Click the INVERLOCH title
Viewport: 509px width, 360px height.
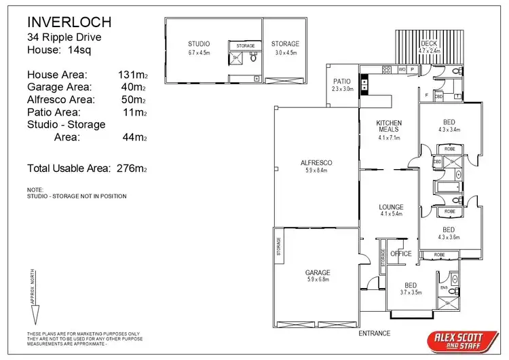(x=69, y=23)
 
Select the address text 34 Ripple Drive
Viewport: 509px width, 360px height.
(x=62, y=38)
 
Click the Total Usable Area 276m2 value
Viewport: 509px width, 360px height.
(x=132, y=168)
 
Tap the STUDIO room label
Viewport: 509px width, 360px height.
(x=199, y=44)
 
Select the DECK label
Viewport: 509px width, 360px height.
(x=429, y=43)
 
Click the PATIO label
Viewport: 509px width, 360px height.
(x=343, y=82)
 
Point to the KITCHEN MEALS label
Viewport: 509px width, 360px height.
(x=390, y=126)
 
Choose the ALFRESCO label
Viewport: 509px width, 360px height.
(x=316, y=163)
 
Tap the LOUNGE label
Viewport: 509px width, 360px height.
(x=391, y=207)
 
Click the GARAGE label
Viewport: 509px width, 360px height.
(x=318, y=272)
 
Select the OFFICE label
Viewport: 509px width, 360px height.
(x=401, y=253)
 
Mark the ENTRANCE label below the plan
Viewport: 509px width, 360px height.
(x=374, y=333)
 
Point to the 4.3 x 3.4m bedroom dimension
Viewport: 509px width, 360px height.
(x=449, y=129)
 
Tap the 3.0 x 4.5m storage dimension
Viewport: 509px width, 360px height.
(x=286, y=52)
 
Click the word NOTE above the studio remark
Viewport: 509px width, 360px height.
(x=35, y=190)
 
